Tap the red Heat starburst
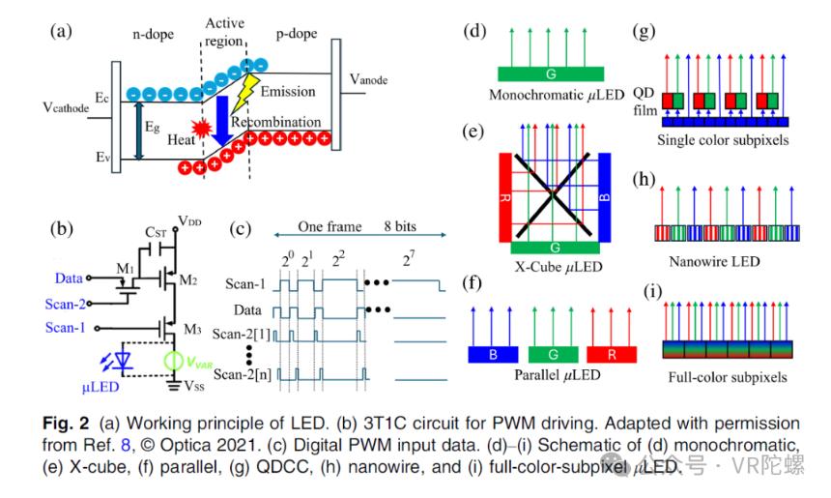coord(203,129)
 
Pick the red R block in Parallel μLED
coord(612,354)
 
